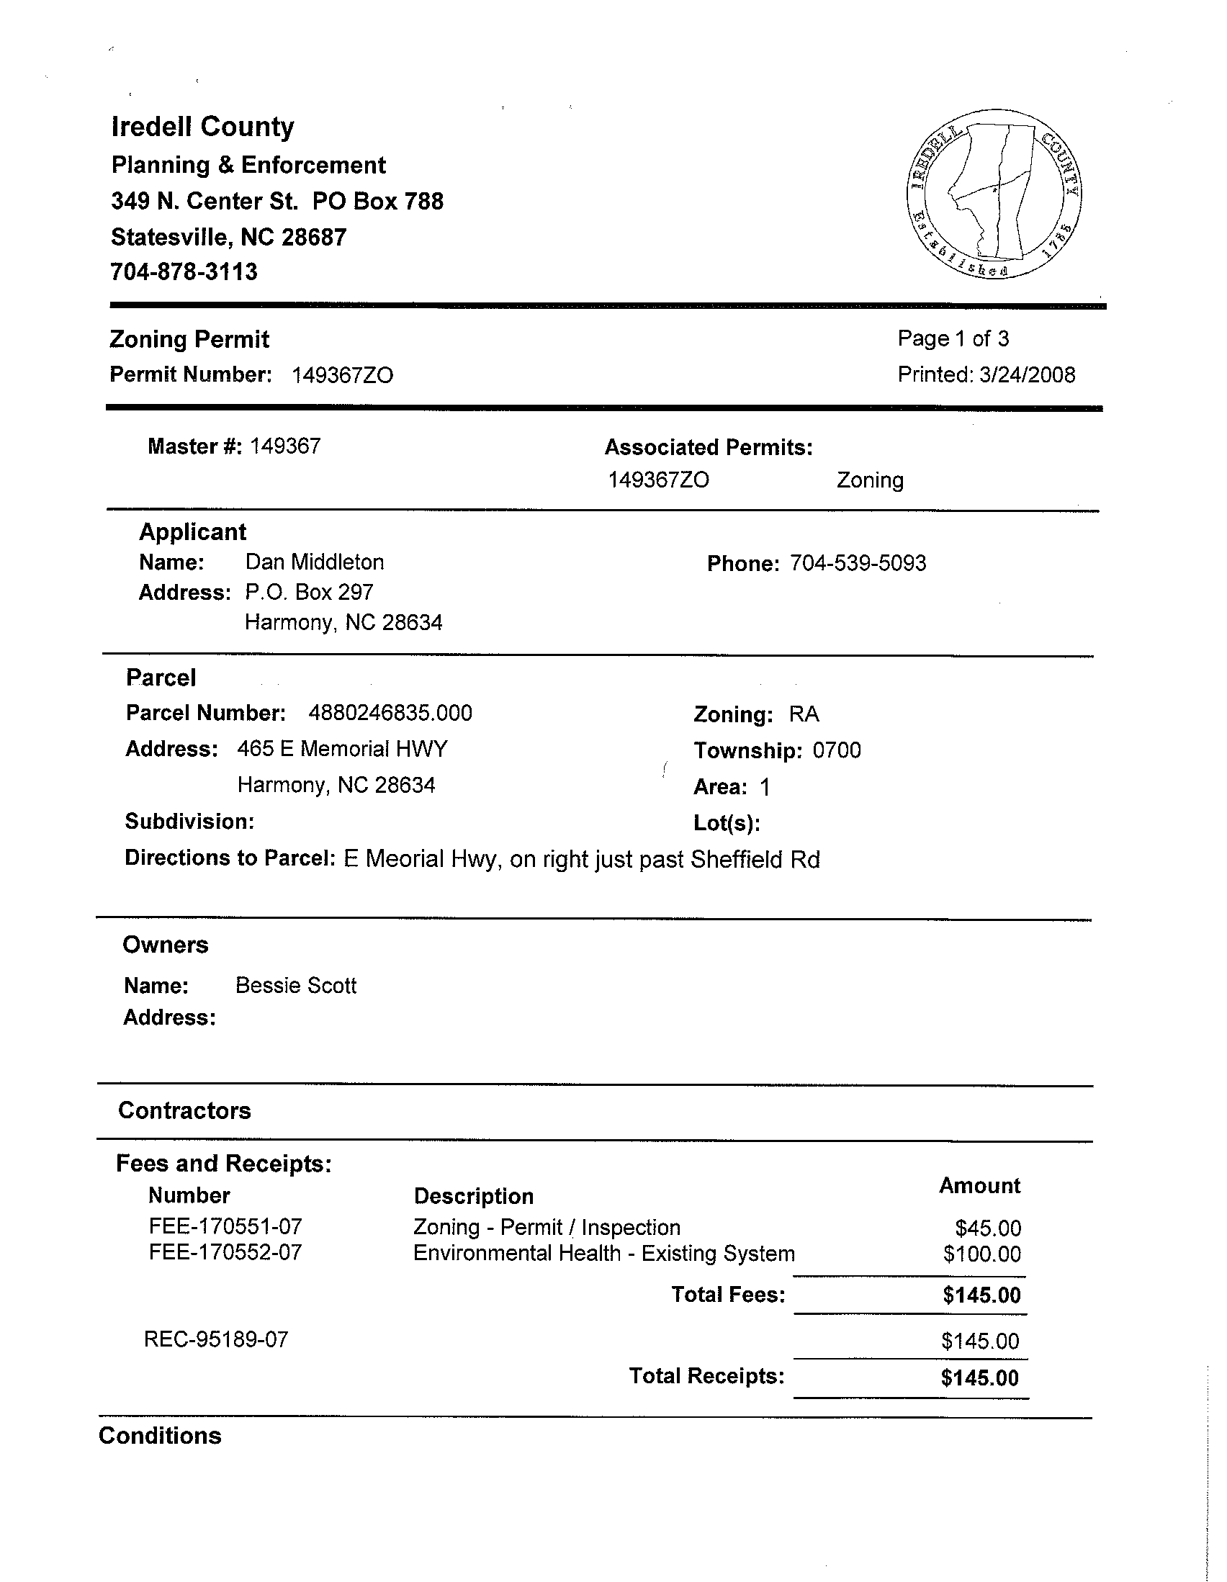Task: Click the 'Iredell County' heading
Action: coord(203,127)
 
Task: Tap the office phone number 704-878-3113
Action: coord(184,271)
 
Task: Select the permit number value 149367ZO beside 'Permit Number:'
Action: coord(342,375)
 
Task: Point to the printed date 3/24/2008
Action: coord(1026,374)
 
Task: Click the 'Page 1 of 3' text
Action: coord(953,338)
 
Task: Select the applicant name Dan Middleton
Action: coord(315,562)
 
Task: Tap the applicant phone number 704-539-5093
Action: coord(858,564)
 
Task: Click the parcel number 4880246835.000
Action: coord(390,713)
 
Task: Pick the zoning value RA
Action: coord(804,714)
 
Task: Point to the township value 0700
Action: coord(837,750)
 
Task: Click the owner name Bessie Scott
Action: coord(295,986)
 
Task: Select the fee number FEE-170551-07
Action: coord(225,1226)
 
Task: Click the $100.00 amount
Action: coord(981,1254)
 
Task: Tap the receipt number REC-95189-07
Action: coord(216,1339)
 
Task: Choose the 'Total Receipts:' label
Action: coord(706,1375)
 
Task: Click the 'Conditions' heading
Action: coord(160,1436)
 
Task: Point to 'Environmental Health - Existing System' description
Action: coord(603,1253)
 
